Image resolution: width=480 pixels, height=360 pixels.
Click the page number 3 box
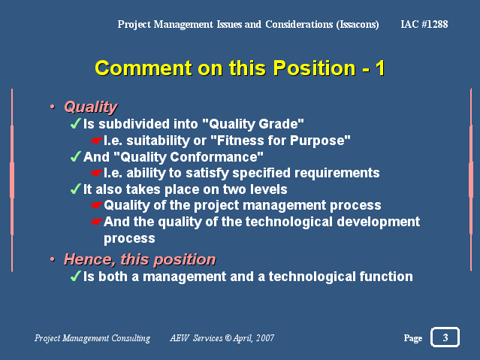(x=445, y=337)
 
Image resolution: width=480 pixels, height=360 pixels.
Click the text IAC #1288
(x=424, y=24)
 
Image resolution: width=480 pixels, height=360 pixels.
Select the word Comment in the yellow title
(x=144, y=68)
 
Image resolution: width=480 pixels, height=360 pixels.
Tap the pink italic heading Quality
(x=91, y=107)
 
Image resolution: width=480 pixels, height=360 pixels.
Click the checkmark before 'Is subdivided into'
(x=75, y=124)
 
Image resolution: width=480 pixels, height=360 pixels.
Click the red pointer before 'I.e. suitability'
(x=96, y=141)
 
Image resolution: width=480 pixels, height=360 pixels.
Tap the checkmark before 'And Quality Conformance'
(x=75, y=156)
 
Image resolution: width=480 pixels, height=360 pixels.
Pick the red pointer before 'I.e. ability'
(x=96, y=173)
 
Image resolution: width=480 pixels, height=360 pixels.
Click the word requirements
(x=337, y=173)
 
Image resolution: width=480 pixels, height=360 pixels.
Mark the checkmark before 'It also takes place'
(x=75, y=189)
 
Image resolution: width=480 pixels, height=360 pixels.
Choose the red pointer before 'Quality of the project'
(x=96, y=205)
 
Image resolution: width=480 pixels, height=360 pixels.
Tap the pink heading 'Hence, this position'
(x=140, y=259)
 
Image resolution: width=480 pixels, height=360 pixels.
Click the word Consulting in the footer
(x=131, y=338)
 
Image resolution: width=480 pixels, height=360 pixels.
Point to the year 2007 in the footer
(x=265, y=338)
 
